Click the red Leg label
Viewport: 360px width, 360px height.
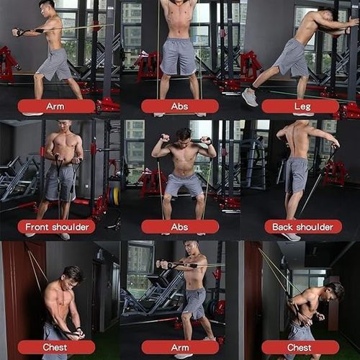coord(300,107)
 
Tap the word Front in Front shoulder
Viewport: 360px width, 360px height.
coord(37,227)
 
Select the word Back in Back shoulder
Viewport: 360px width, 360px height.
coord(282,227)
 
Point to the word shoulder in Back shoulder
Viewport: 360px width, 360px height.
coord(315,227)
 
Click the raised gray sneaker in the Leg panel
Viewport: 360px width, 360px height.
coord(250,97)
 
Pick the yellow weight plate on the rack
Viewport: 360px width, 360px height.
coord(117,196)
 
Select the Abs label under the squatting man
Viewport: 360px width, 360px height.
coord(180,227)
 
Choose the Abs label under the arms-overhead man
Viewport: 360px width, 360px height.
coord(180,107)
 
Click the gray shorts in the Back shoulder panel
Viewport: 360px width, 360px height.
coord(297,174)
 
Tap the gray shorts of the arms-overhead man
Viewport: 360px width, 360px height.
coord(178,56)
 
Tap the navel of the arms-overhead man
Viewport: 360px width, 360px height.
coord(178,30)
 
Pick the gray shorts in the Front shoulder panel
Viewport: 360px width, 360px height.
coord(60,183)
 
